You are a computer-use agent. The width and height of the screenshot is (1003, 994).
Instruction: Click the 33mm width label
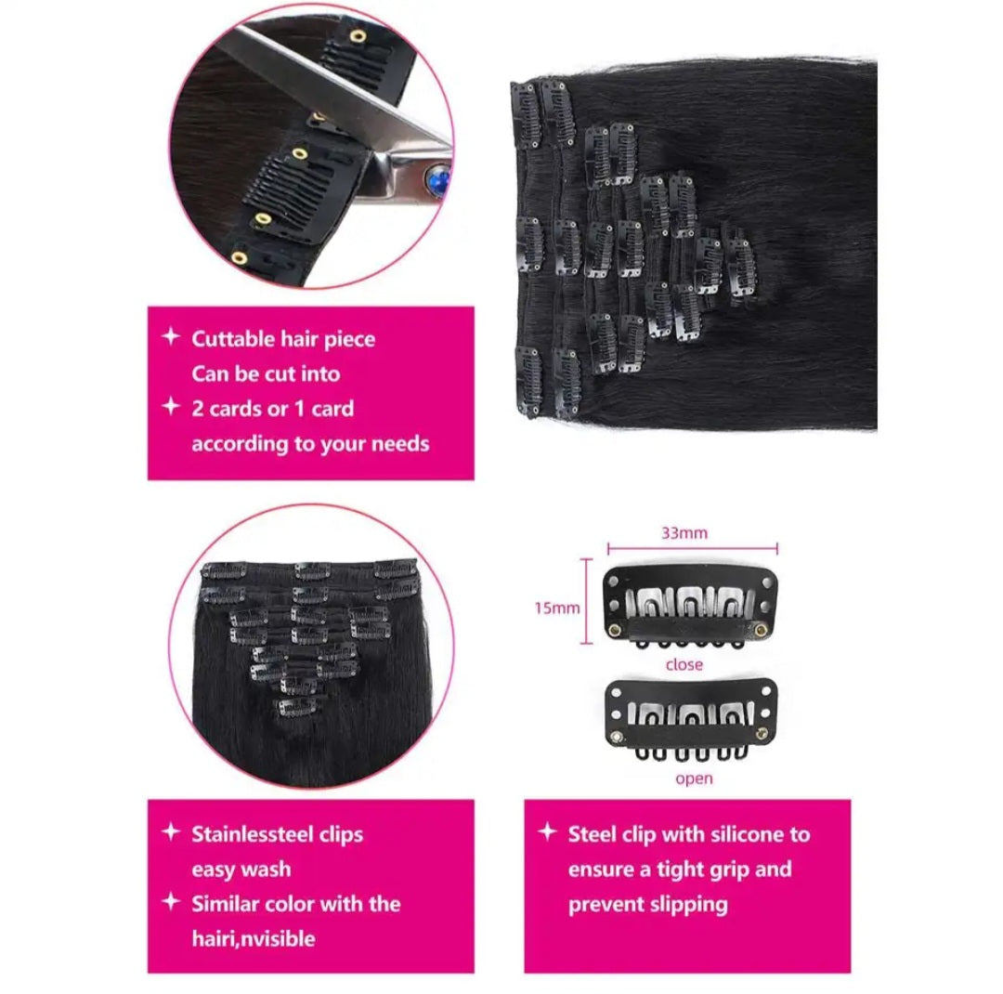684,533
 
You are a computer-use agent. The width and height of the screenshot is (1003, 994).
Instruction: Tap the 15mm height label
557,608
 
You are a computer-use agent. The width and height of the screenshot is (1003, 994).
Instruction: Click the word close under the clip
684,665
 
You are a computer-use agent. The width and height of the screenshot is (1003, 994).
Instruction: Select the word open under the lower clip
694,779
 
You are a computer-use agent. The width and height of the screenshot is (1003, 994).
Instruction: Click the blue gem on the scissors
438,180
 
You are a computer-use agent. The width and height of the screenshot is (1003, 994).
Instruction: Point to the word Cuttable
233,338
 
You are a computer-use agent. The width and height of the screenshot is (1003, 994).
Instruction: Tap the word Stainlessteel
254,834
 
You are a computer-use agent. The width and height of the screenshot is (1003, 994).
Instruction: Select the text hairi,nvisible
254,938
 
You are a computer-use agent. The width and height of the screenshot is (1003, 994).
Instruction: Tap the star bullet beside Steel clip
547,832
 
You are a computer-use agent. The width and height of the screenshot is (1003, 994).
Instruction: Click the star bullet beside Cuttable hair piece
171,336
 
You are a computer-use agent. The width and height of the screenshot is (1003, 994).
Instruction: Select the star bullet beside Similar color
171,901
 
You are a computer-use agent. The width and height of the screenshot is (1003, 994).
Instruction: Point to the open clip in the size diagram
691,719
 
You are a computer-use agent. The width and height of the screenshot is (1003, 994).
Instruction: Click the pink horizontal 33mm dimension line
692,548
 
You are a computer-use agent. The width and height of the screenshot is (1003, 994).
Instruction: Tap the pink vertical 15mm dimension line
586,601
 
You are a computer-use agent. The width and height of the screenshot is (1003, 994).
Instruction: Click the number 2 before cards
198,409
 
